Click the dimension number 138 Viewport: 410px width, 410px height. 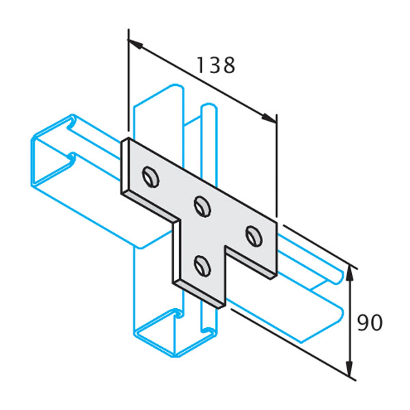click(x=216, y=65)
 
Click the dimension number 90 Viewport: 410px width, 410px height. click(x=370, y=323)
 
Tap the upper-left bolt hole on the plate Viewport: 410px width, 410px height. click(x=151, y=177)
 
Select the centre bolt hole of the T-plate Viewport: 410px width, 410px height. click(x=203, y=206)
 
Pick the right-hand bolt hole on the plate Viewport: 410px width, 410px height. click(x=254, y=236)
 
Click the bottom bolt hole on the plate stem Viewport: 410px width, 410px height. click(x=203, y=266)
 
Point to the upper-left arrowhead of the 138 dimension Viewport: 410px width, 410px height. click(x=135, y=44)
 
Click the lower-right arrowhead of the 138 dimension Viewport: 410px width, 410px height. click(x=269, y=118)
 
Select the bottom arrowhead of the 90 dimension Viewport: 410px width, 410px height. click(x=350, y=368)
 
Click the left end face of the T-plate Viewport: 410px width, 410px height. click(x=125, y=166)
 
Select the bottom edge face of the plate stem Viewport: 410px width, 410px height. click(x=200, y=295)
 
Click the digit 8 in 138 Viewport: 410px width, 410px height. click(x=229, y=65)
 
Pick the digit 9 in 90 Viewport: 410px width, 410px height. click(x=364, y=323)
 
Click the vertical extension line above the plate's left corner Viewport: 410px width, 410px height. click(x=128, y=80)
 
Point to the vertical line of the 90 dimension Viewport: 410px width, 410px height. click(x=350, y=320)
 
